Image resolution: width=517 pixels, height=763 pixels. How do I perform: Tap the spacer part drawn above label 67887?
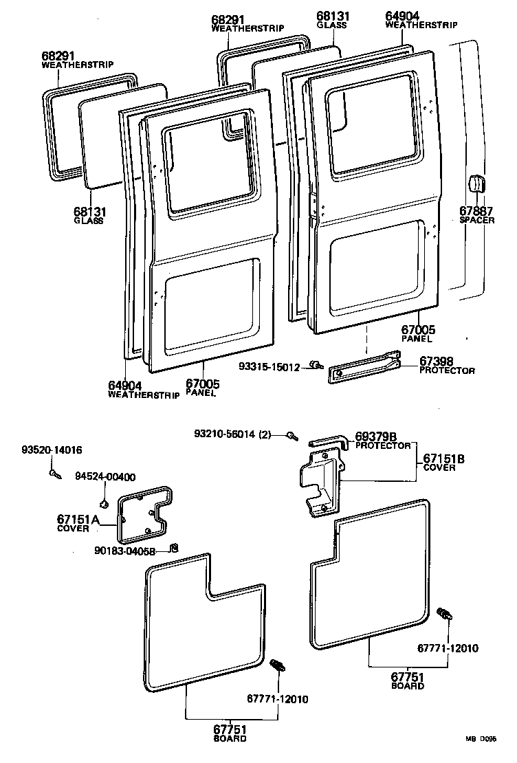click(474, 184)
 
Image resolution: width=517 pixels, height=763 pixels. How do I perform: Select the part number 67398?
click(436, 361)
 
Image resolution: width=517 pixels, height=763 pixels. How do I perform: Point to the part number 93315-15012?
click(270, 367)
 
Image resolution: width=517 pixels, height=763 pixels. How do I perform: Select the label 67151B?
click(444, 458)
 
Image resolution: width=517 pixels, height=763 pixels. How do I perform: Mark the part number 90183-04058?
click(125, 550)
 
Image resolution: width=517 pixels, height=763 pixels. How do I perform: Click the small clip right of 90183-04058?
click(174, 547)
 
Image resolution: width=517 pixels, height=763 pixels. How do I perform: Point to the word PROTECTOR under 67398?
click(447, 371)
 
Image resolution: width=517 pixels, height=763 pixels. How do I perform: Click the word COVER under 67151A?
click(73, 529)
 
